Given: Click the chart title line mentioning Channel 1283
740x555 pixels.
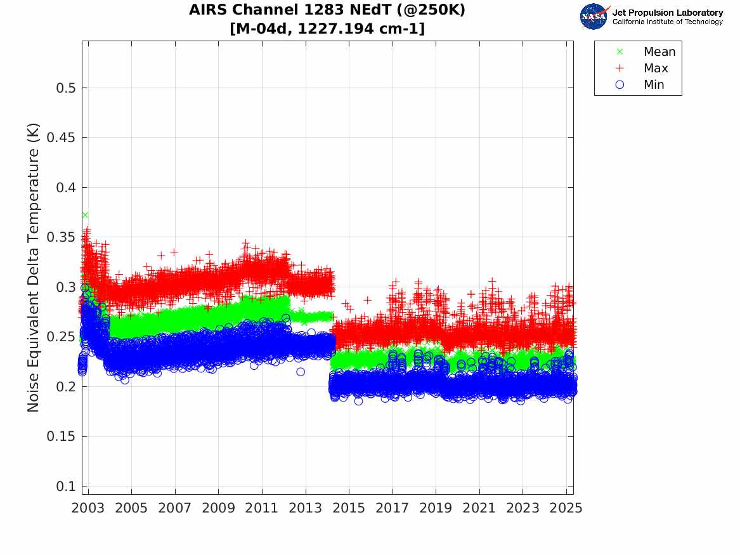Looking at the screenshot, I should (x=327, y=11).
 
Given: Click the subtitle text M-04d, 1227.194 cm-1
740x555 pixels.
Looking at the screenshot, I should (x=327, y=29).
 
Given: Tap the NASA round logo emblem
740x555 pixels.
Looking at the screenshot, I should (x=594, y=16).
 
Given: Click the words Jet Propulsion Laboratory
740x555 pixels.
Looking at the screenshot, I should (x=667, y=13).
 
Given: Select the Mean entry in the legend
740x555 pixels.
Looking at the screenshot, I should (x=659, y=52).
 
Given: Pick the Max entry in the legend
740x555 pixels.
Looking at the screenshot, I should (x=655, y=69).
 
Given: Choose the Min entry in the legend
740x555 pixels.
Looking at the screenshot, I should (x=654, y=85).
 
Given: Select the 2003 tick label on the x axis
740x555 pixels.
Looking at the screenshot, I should (x=88, y=509).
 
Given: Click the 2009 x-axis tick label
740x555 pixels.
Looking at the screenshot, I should (x=219, y=509).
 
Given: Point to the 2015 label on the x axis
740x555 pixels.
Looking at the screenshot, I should (x=349, y=509).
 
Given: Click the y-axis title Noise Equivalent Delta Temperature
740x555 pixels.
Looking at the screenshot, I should (x=34, y=268).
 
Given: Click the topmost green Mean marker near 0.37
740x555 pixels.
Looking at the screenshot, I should (x=85, y=215).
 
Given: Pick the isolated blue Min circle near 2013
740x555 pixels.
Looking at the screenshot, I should (x=301, y=372).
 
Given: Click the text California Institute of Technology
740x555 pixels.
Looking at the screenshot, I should (x=667, y=22).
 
